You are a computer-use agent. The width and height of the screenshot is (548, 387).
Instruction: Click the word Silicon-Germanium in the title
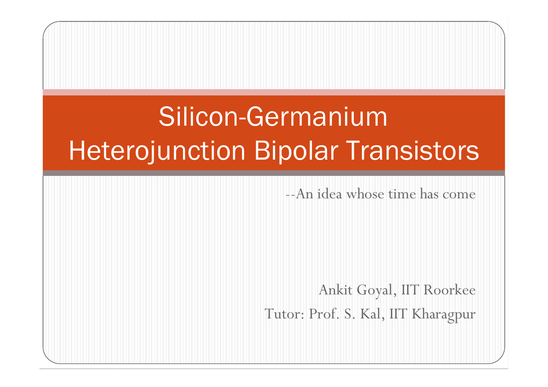click(273, 118)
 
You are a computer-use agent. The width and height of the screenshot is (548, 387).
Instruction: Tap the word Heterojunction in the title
click(157, 152)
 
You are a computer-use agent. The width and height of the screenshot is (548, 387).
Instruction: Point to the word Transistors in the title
click(412, 151)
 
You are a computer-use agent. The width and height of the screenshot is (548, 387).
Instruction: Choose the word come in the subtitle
click(459, 194)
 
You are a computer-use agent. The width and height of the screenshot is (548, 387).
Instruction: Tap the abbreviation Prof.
click(323, 314)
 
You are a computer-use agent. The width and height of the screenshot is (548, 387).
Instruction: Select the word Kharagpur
click(443, 314)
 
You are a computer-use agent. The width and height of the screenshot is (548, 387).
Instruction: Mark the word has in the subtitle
click(429, 193)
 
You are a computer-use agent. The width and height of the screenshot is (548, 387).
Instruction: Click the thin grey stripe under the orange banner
click(273, 173)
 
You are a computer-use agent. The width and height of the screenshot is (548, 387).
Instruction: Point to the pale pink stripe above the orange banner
click(273, 92)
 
